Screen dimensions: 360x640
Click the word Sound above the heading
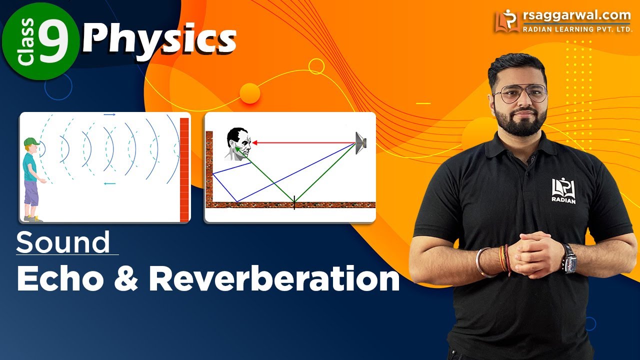point(63,243)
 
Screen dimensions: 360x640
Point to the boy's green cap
point(32,142)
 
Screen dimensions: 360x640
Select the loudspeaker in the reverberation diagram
point(361,142)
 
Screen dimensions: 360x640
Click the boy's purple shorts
point(31,193)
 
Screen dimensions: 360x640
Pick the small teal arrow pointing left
point(109,183)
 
